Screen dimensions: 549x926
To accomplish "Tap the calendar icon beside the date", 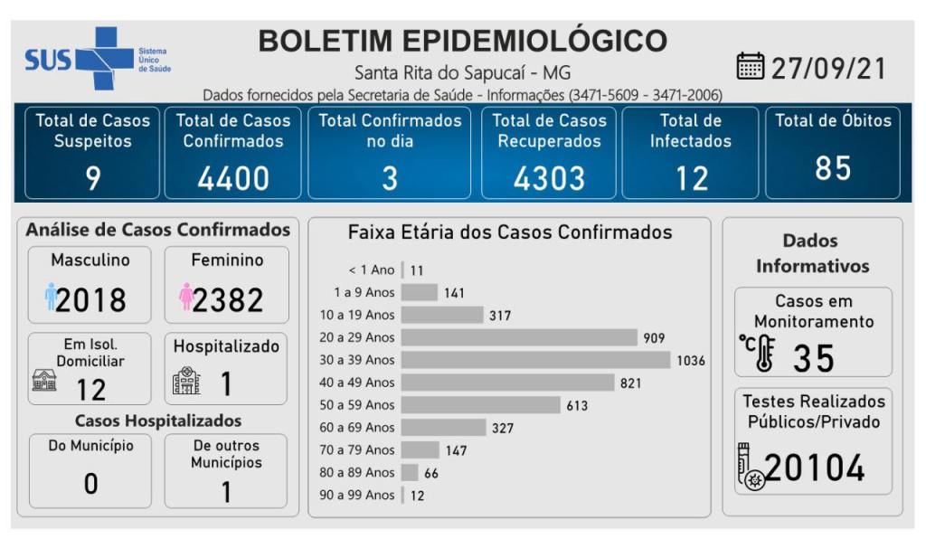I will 751,67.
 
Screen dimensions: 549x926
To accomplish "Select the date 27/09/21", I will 828,68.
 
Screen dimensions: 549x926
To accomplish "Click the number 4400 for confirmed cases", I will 233,178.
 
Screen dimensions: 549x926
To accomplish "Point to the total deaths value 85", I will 832,168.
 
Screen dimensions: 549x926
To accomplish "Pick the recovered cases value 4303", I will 549,178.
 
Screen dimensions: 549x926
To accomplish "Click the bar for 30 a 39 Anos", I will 536,360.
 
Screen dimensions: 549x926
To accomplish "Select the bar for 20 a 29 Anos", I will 519,337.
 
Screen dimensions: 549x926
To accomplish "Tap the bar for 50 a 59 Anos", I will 480,405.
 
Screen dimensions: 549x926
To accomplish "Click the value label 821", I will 630,383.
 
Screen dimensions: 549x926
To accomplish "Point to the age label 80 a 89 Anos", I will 357,472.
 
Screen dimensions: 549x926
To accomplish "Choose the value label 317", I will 500,316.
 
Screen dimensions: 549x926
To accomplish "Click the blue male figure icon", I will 51,297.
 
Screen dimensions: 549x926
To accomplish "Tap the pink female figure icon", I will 186,297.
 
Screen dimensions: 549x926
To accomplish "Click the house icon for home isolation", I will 44,381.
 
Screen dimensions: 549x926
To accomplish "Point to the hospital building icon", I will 185,381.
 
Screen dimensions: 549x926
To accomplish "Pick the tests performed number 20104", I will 814,468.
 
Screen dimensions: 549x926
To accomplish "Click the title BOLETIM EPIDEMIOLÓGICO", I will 462,41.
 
